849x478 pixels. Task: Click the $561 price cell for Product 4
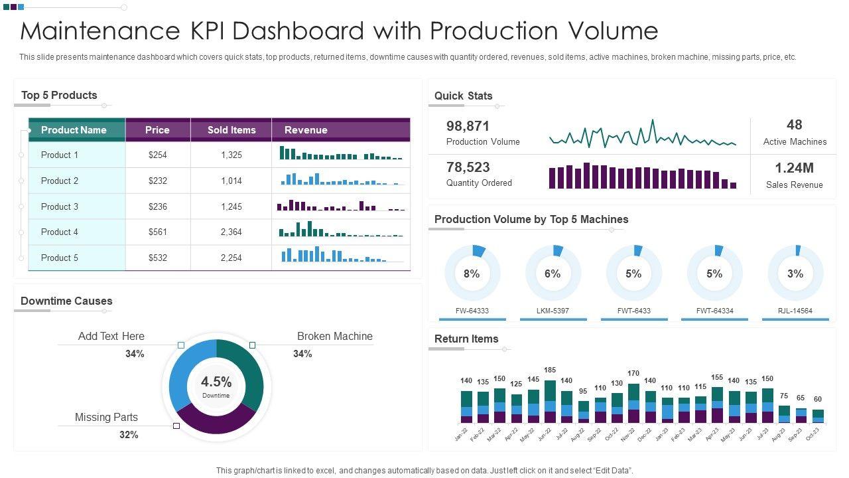pos(158,232)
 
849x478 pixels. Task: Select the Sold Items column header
pos(231,130)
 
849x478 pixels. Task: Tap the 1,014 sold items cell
pos(231,181)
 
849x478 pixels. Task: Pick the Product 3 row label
pos(60,206)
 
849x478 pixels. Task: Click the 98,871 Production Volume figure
pos(468,126)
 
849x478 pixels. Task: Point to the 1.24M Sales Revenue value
pos(794,168)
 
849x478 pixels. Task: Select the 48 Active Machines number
pos(795,125)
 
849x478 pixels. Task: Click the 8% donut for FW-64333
pos(472,274)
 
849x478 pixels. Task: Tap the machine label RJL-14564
pos(795,311)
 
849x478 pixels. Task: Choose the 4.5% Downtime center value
pos(216,382)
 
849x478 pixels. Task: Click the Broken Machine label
pos(334,337)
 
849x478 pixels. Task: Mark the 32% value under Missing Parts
pos(129,435)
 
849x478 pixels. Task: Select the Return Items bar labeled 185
pos(550,402)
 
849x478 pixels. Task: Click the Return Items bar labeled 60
pos(818,416)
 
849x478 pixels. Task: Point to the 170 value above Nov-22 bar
pos(633,374)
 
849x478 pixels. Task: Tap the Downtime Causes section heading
pos(66,301)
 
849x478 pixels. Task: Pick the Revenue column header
pos(306,130)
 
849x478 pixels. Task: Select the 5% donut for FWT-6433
pos(633,274)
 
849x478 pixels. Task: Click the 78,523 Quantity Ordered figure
pos(468,167)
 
